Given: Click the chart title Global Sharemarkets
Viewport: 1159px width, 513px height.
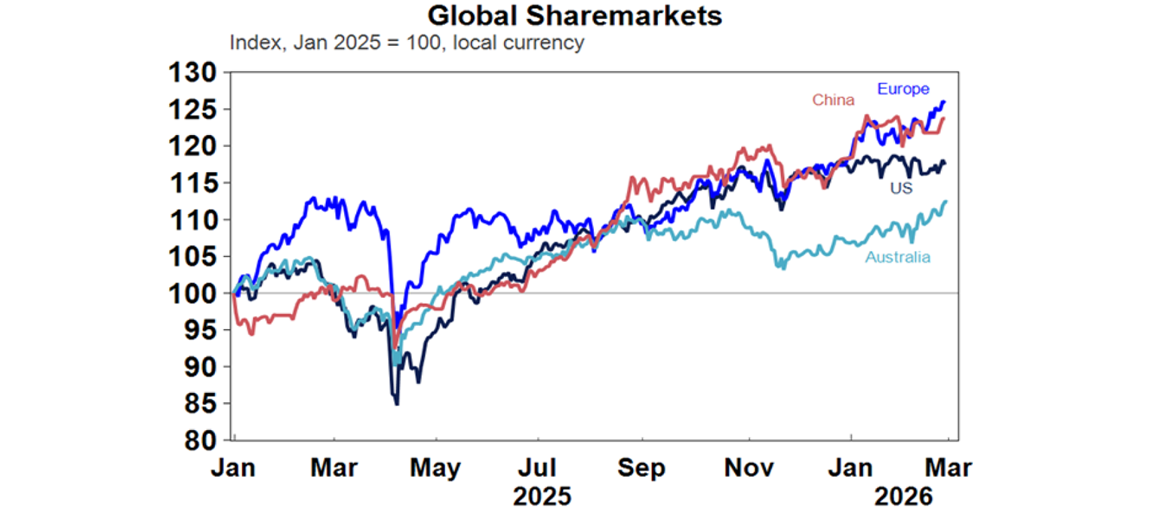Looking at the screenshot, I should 574,15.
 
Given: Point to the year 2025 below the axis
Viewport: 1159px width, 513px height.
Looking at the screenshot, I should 541,497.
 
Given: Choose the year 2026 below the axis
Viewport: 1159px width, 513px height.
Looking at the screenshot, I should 904,497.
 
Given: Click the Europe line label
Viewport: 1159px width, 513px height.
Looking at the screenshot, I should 903,89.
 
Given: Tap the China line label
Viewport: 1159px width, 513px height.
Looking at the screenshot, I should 833,100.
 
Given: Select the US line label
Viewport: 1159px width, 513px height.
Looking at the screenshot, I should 901,188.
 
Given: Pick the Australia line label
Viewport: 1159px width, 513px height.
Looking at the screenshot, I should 898,257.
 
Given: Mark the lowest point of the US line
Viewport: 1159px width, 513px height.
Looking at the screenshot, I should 397,404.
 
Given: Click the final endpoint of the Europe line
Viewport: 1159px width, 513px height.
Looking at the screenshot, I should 945,102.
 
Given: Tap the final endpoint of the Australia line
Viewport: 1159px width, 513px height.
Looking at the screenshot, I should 945,201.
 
